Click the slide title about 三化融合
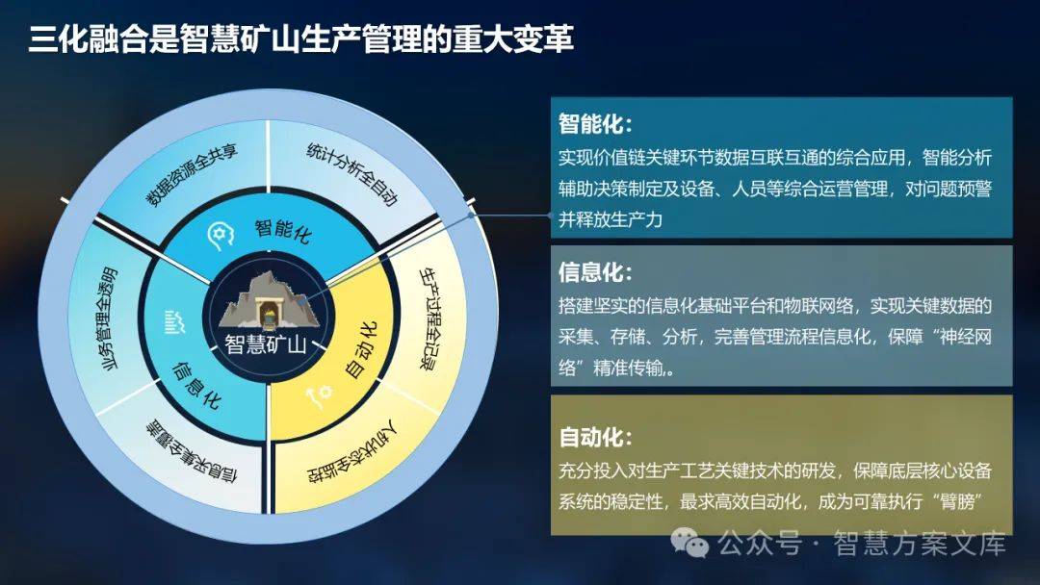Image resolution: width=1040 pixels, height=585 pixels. [x=300, y=39]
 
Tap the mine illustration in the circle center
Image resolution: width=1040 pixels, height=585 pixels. [x=269, y=301]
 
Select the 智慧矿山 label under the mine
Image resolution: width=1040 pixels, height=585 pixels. [x=266, y=344]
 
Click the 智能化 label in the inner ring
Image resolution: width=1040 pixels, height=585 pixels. [x=283, y=230]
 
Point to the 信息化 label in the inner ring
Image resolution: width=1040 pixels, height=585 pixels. [x=195, y=385]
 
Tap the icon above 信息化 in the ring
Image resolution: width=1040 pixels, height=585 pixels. [x=174, y=322]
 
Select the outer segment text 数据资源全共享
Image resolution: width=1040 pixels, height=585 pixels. [x=191, y=175]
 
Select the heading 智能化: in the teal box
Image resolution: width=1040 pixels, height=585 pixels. [x=595, y=124]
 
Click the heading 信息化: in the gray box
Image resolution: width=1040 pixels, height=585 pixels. [x=595, y=272]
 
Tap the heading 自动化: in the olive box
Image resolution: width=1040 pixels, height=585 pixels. [x=595, y=437]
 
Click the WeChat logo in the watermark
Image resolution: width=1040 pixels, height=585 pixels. [x=689, y=543]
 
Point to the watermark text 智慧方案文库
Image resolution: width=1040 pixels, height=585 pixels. [x=920, y=544]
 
